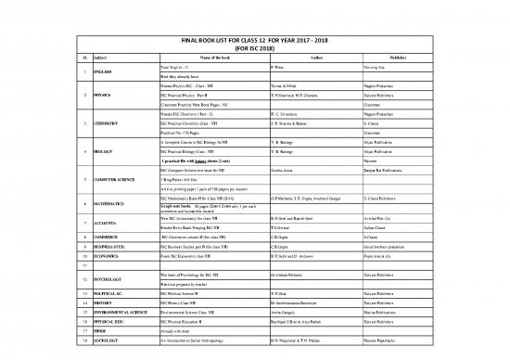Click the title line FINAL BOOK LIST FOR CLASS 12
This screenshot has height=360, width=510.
[x=254, y=42]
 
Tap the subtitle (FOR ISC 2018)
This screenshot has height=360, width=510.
[x=254, y=49]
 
